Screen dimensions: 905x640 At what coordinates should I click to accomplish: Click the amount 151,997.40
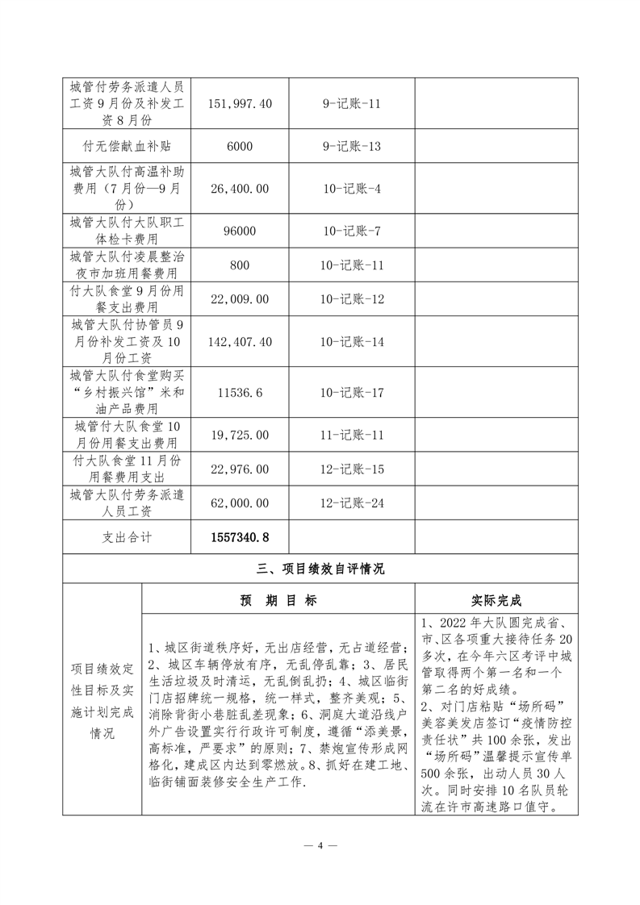(240, 104)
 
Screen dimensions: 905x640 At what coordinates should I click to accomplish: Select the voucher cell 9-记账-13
(351, 147)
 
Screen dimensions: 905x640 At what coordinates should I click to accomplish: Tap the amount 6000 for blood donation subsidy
(240, 147)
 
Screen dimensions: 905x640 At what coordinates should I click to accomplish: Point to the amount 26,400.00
(240, 188)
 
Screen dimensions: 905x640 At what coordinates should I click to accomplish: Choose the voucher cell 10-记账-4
(351, 188)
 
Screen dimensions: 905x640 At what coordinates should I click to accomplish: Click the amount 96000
(240, 231)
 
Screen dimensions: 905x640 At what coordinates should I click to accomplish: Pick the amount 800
(240, 265)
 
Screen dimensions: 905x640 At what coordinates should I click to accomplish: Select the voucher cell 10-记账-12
(351, 299)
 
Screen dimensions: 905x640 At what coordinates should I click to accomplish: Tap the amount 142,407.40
(240, 342)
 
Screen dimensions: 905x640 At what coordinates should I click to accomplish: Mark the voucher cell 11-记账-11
(351, 435)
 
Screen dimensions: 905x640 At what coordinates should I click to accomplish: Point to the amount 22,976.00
(240, 469)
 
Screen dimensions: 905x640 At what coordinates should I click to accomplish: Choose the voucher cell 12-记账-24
(351, 503)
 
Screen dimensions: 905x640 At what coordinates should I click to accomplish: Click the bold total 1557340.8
(240, 536)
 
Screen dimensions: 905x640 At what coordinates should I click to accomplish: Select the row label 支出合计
(127, 536)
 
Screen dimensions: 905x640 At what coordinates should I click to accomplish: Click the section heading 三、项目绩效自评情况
(320, 569)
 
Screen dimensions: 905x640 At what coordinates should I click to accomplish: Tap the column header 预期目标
(278, 601)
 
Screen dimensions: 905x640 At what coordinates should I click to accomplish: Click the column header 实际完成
(496, 601)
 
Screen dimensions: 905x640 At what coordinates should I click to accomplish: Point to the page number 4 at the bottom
(320, 846)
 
